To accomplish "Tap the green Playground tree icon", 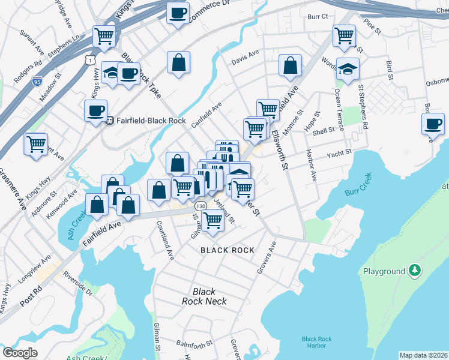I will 414,271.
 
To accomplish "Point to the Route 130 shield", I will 200,206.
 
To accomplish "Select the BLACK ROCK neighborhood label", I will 228,250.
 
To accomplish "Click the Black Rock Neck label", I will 204,296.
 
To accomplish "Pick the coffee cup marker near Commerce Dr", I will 178,13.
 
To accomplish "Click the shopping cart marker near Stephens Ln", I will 104,36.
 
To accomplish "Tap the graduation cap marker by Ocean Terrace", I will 348,69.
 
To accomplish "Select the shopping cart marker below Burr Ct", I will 345,34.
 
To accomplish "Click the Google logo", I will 20,353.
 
